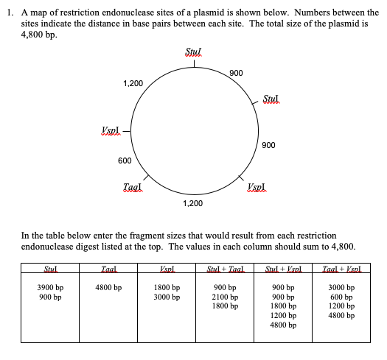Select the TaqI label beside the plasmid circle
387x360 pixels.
133,188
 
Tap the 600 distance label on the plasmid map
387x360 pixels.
125,160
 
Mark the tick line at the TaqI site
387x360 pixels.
147,178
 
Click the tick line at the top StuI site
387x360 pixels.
194,63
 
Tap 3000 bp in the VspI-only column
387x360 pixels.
167,297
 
